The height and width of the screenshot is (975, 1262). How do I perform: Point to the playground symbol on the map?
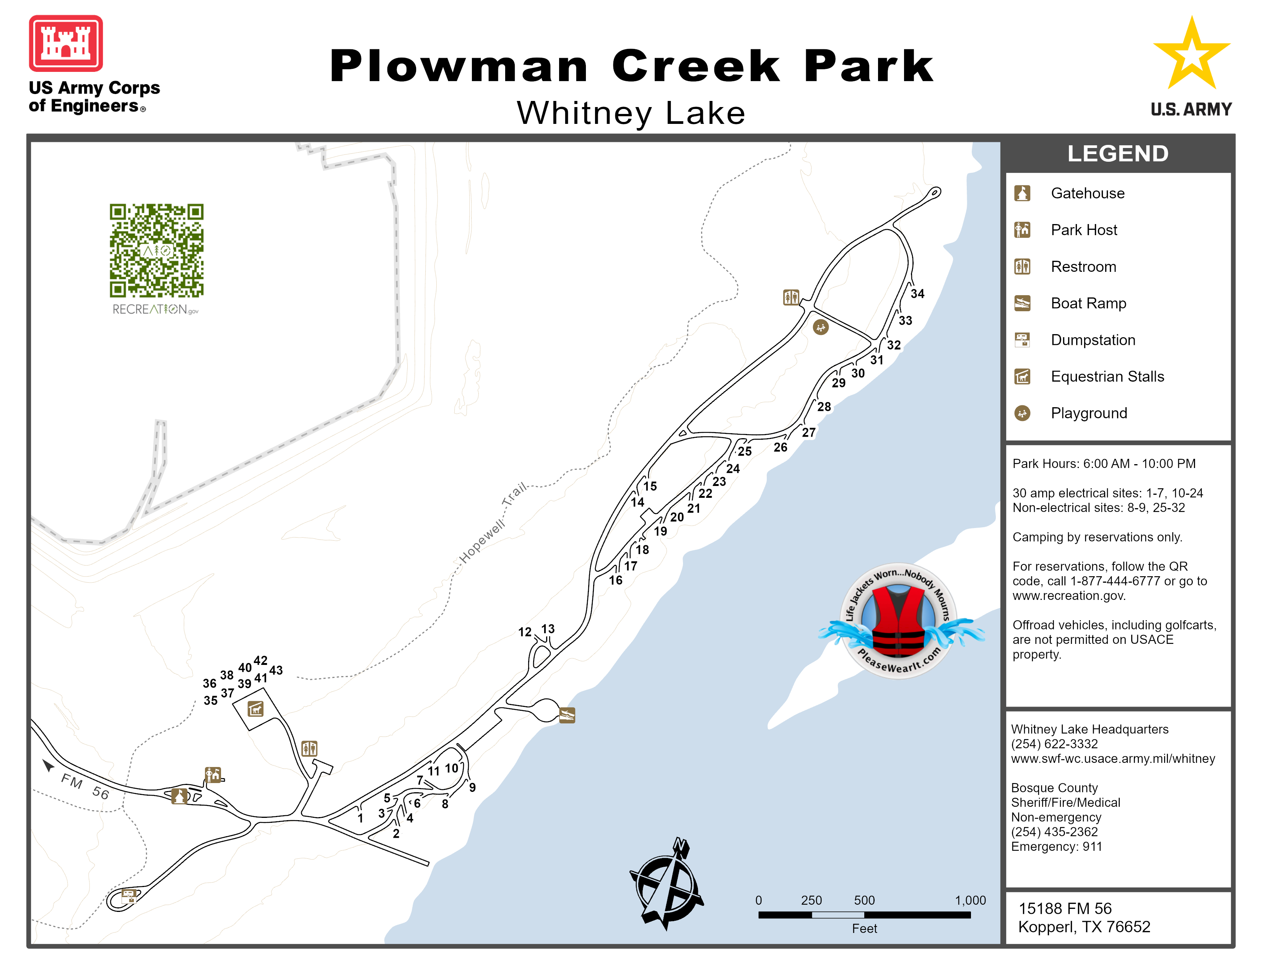click(821, 328)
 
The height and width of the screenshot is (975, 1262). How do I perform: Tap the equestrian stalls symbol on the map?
click(255, 709)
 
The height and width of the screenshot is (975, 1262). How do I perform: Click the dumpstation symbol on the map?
click(128, 897)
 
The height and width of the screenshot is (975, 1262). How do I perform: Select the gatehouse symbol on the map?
click(180, 796)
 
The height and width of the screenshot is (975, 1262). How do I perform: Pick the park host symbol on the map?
click(213, 775)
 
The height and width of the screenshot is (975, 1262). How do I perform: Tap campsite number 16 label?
click(615, 580)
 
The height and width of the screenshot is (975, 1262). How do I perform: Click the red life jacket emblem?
click(899, 621)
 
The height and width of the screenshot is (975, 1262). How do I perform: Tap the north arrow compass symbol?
click(667, 884)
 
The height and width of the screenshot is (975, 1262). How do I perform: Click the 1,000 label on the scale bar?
click(970, 900)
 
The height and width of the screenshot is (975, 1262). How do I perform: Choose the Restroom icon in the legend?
click(1022, 267)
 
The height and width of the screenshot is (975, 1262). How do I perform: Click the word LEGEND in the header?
click(1117, 154)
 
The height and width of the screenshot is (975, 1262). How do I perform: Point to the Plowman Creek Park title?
click(631, 67)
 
